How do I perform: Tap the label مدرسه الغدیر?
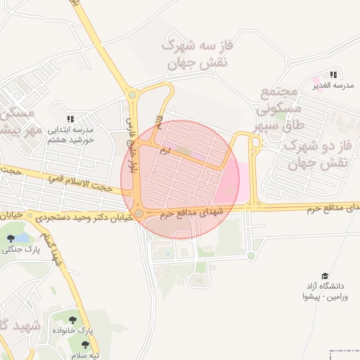tap(331, 86)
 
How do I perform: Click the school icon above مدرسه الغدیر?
tap(333, 74)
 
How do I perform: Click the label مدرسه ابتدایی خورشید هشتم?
tap(70, 134)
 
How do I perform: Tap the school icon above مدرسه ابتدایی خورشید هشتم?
tap(70, 120)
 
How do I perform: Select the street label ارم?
tap(165, 150)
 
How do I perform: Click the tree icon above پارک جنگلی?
tap(11, 238)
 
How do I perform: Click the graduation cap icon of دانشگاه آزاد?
tap(324, 276)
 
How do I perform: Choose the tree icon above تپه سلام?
tap(85, 345)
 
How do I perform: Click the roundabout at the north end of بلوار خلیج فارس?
tap(131, 95)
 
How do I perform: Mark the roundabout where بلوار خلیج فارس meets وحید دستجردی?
tap(139, 212)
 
